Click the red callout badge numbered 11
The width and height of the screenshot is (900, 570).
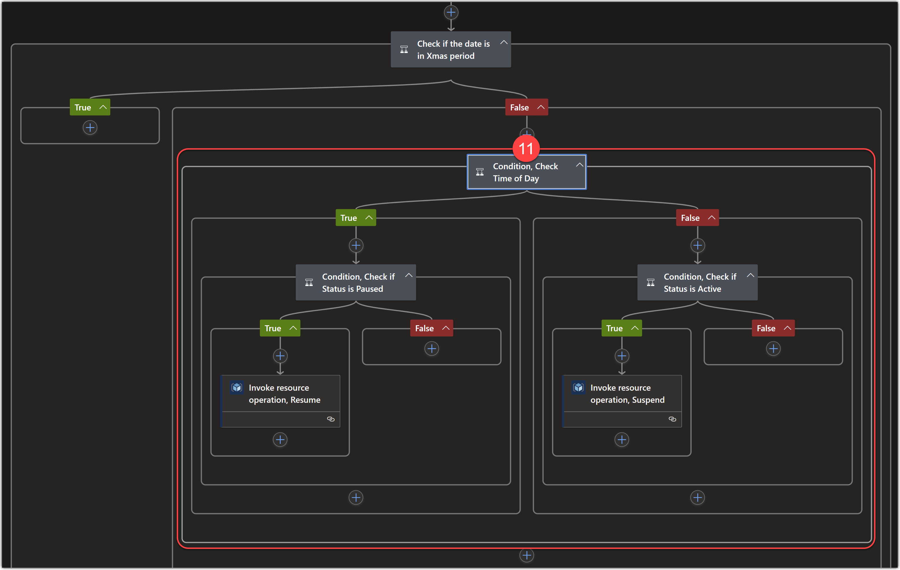click(x=526, y=148)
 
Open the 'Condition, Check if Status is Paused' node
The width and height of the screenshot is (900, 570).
click(x=355, y=283)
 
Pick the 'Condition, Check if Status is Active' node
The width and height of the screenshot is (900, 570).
click(x=697, y=283)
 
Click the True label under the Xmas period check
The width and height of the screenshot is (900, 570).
click(x=83, y=108)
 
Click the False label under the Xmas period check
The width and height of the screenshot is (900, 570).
click(x=519, y=108)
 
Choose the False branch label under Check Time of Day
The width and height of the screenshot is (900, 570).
click(x=690, y=218)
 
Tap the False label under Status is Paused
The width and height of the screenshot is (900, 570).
click(x=424, y=328)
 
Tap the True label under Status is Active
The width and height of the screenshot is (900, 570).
click(x=614, y=328)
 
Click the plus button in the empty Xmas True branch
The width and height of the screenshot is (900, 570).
click(x=90, y=128)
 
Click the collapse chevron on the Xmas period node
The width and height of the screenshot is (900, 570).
click(x=504, y=43)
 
